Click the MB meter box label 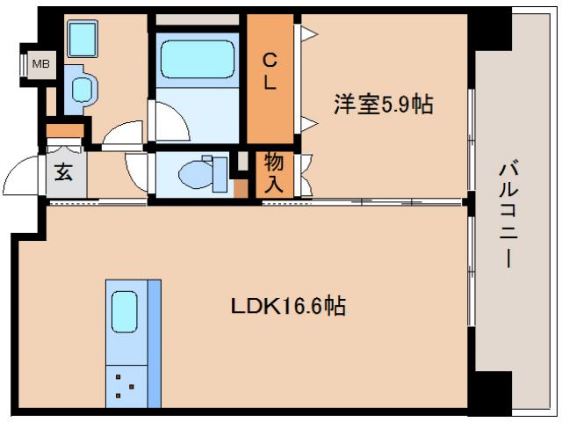pos(40,64)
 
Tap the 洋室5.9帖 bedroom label pos(382,105)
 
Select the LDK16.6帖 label pos(287,307)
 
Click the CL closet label pos(270,72)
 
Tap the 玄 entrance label pos(63,172)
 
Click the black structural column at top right pos(490,32)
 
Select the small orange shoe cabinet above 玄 pos(64,133)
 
